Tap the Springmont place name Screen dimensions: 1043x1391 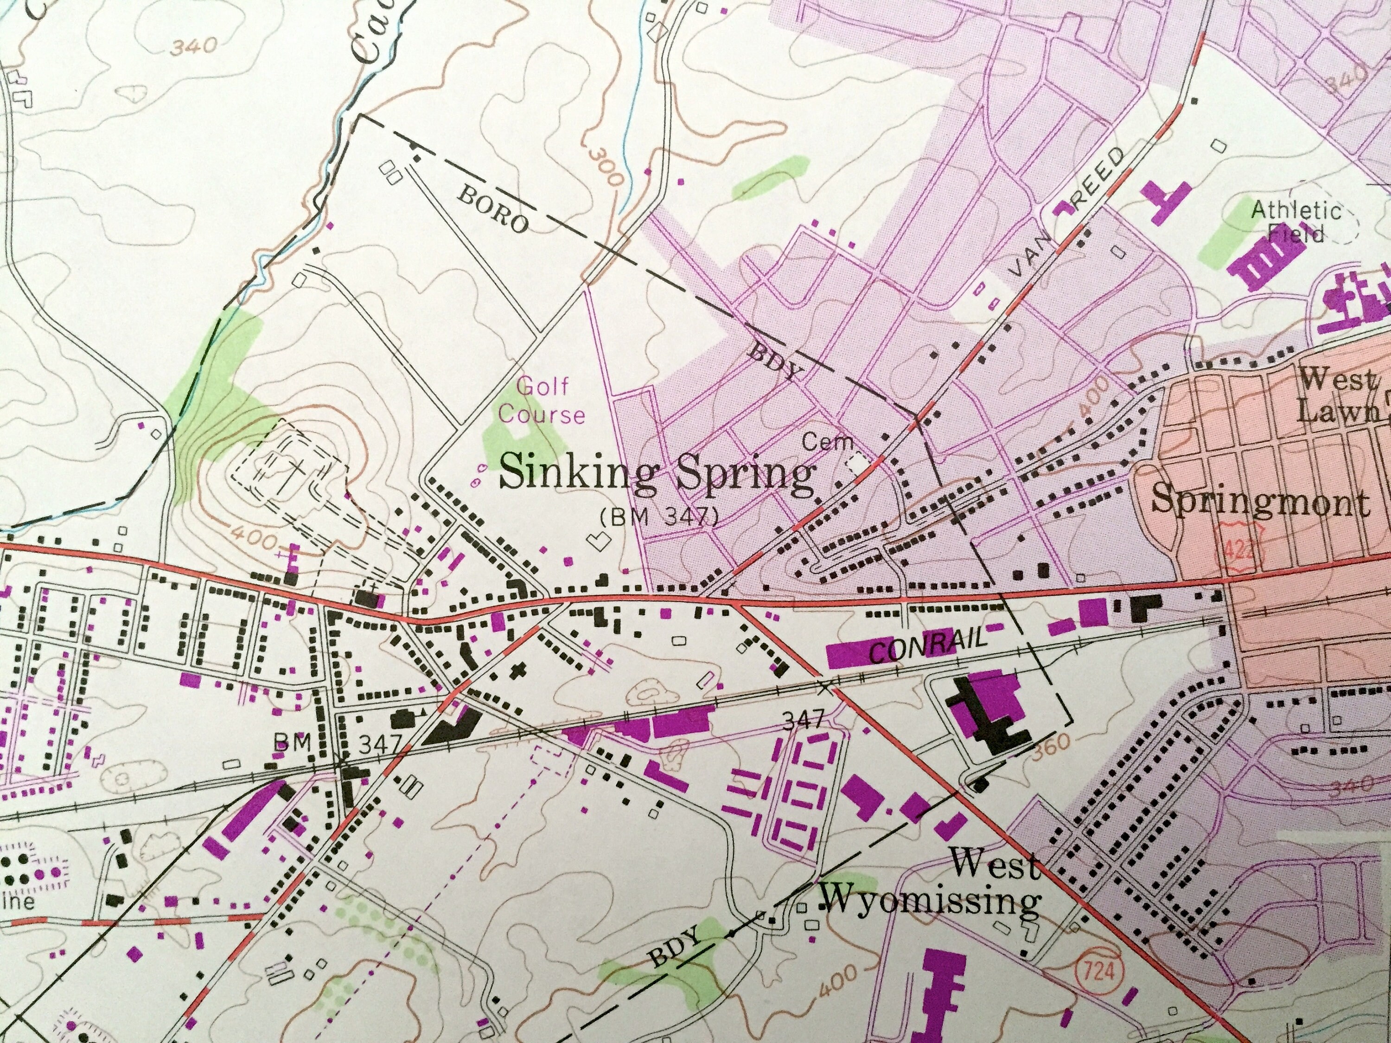point(1260,502)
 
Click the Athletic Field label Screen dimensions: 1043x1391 point(1295,221)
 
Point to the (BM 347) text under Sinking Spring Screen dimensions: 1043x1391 point(658,517)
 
